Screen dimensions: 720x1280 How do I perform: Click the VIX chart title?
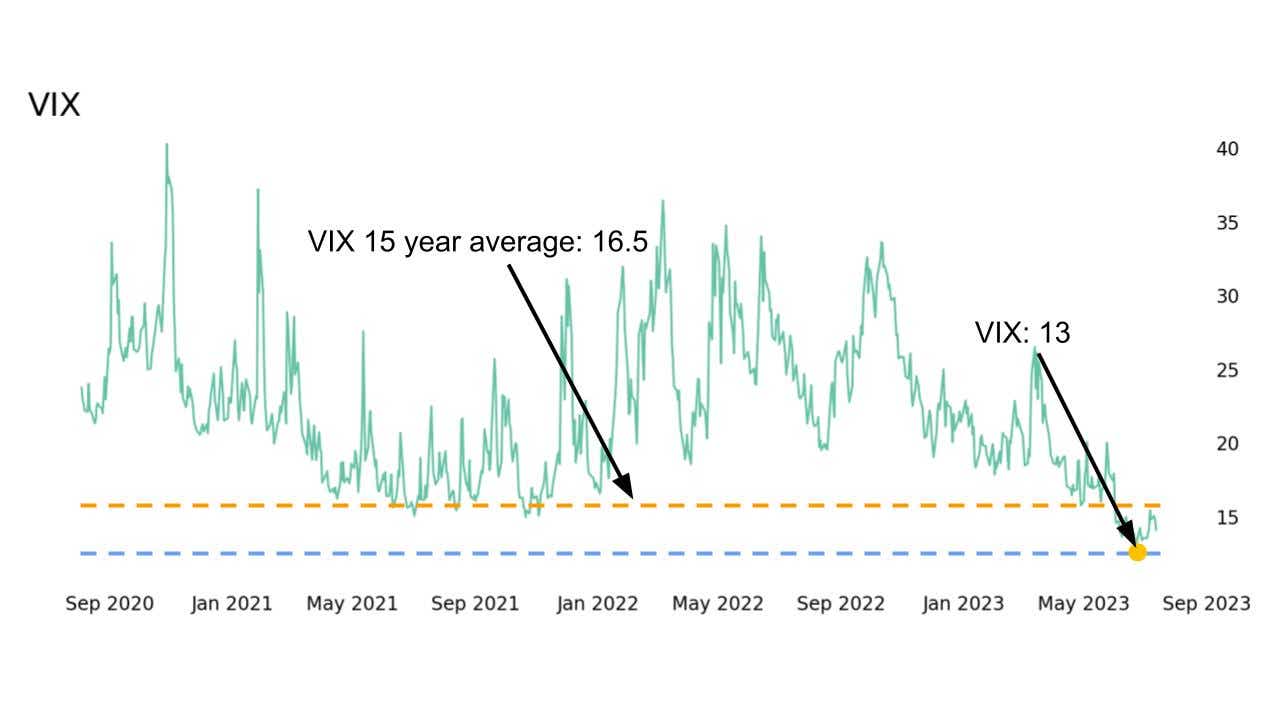54,105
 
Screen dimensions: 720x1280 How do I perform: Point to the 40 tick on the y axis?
1227,149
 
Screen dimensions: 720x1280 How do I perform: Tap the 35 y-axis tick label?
1227,223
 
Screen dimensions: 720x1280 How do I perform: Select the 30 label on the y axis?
1227,297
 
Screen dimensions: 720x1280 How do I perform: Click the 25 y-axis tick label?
1227,371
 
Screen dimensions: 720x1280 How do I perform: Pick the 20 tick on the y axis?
1227,444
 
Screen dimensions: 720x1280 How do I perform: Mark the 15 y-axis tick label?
1227,518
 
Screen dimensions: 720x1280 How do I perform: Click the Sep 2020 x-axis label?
110,604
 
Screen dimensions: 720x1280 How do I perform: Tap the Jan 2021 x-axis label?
231,604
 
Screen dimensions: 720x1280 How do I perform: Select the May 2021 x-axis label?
352,604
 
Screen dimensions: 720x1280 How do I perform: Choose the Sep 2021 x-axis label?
474,604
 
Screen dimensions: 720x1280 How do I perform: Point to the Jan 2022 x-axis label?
597,604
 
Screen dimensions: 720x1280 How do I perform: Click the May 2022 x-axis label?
718,604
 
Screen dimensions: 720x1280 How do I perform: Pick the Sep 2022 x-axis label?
840,604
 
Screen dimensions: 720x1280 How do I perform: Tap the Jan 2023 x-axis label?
963,604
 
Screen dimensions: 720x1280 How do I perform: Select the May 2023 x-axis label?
1084,604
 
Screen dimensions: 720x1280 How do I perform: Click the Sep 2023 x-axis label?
1206,604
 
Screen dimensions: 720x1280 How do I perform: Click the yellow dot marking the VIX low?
1137,552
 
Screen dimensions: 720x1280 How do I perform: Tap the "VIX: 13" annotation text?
1022,333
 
